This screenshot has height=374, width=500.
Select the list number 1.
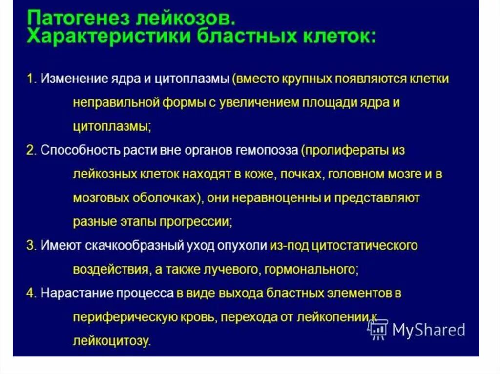(x=31, y=79)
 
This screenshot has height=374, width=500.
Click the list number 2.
(x=31, y=151)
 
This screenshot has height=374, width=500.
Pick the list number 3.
(x=31, y=245)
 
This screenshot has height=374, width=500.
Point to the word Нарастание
(x=72, y=293)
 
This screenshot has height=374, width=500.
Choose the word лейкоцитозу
(x=111, y=341)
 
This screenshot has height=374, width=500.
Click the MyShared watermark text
(x=428, y=331)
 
